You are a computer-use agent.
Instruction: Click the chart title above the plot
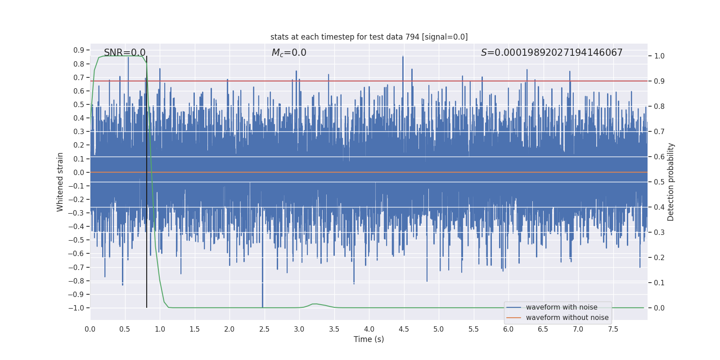369,37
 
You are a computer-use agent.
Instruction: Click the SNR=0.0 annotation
125,53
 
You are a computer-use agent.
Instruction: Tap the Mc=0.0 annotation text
289,53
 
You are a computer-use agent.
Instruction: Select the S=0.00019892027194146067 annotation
552,53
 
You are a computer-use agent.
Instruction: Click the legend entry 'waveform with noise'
562,307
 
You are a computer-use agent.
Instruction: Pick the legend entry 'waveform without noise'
567,318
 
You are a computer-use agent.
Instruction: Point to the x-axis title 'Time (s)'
369,339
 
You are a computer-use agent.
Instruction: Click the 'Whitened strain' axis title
60,182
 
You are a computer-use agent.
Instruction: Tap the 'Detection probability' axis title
671,182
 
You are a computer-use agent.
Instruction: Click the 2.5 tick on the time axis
264,329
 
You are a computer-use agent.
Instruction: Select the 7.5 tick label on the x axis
613,329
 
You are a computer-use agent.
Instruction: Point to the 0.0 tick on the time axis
90,329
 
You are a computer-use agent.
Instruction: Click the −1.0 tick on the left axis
76,308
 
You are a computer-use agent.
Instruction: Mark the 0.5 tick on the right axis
659,182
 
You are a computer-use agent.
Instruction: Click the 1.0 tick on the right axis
659,56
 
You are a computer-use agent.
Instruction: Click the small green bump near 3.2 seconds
315,304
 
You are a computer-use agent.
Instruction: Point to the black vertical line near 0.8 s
147,180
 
